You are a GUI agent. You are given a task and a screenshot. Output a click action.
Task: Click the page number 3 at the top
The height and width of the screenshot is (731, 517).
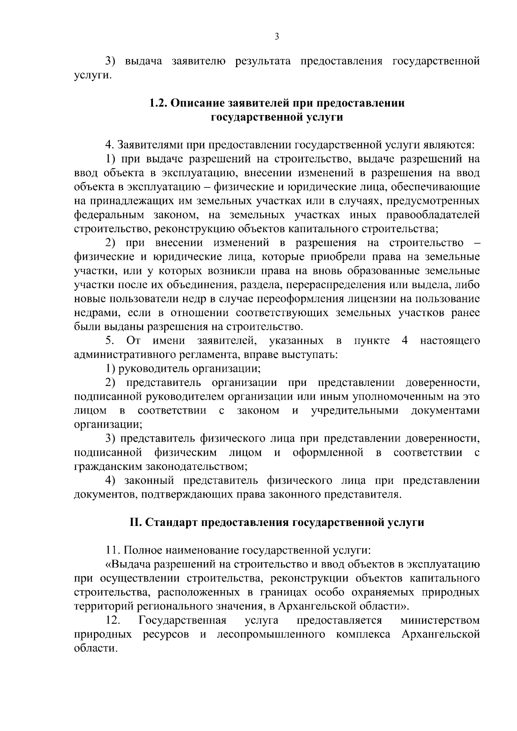click(277, 37)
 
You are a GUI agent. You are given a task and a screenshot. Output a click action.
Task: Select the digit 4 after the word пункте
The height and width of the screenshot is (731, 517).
click(405, 341)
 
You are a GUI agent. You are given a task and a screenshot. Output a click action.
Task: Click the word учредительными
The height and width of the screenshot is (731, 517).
click(354, 411)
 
